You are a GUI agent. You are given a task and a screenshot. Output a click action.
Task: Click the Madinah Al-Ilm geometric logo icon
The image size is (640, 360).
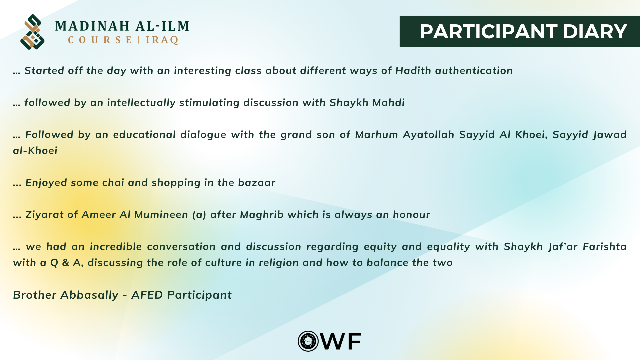(32, 32)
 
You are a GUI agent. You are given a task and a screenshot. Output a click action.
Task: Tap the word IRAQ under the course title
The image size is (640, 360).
(162, 40)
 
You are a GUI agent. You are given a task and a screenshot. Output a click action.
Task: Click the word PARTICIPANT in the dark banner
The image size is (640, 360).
(488, 32)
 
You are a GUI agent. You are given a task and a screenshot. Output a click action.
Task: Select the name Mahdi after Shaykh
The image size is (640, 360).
(388, 103)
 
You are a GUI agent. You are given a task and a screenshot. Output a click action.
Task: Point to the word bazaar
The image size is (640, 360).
(257, 183)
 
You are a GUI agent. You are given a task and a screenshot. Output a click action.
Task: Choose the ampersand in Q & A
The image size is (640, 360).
(66, 263)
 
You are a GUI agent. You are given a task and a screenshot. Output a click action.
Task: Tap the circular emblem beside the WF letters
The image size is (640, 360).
(308, 341)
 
